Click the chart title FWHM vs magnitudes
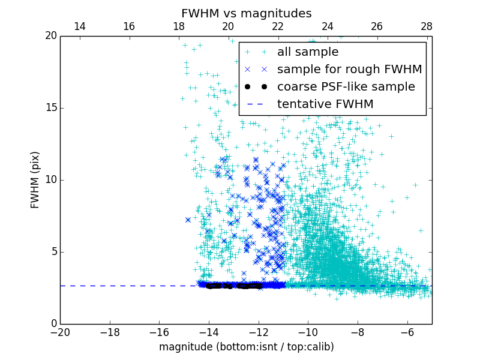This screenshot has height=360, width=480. coord(246,13)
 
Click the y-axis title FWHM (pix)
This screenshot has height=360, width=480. coord(35,179)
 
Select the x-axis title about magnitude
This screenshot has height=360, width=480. coord(246,347)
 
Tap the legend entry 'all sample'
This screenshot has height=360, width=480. coord(307,52)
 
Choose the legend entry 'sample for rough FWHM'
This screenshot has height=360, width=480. coord(349,70)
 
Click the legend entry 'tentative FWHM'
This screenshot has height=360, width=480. coord(325,104)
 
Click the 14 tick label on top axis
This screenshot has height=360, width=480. coord(79,26)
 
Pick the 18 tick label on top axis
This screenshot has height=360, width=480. coord(178,26)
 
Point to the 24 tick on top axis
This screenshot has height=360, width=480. coord(327,26)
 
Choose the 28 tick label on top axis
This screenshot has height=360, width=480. coord(427,26)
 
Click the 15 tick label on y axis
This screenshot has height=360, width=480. coord(50,108)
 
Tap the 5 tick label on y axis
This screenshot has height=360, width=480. coord(53,252)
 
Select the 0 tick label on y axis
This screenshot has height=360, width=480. coord(53,324)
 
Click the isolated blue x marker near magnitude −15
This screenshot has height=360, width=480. coord(188,220)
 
